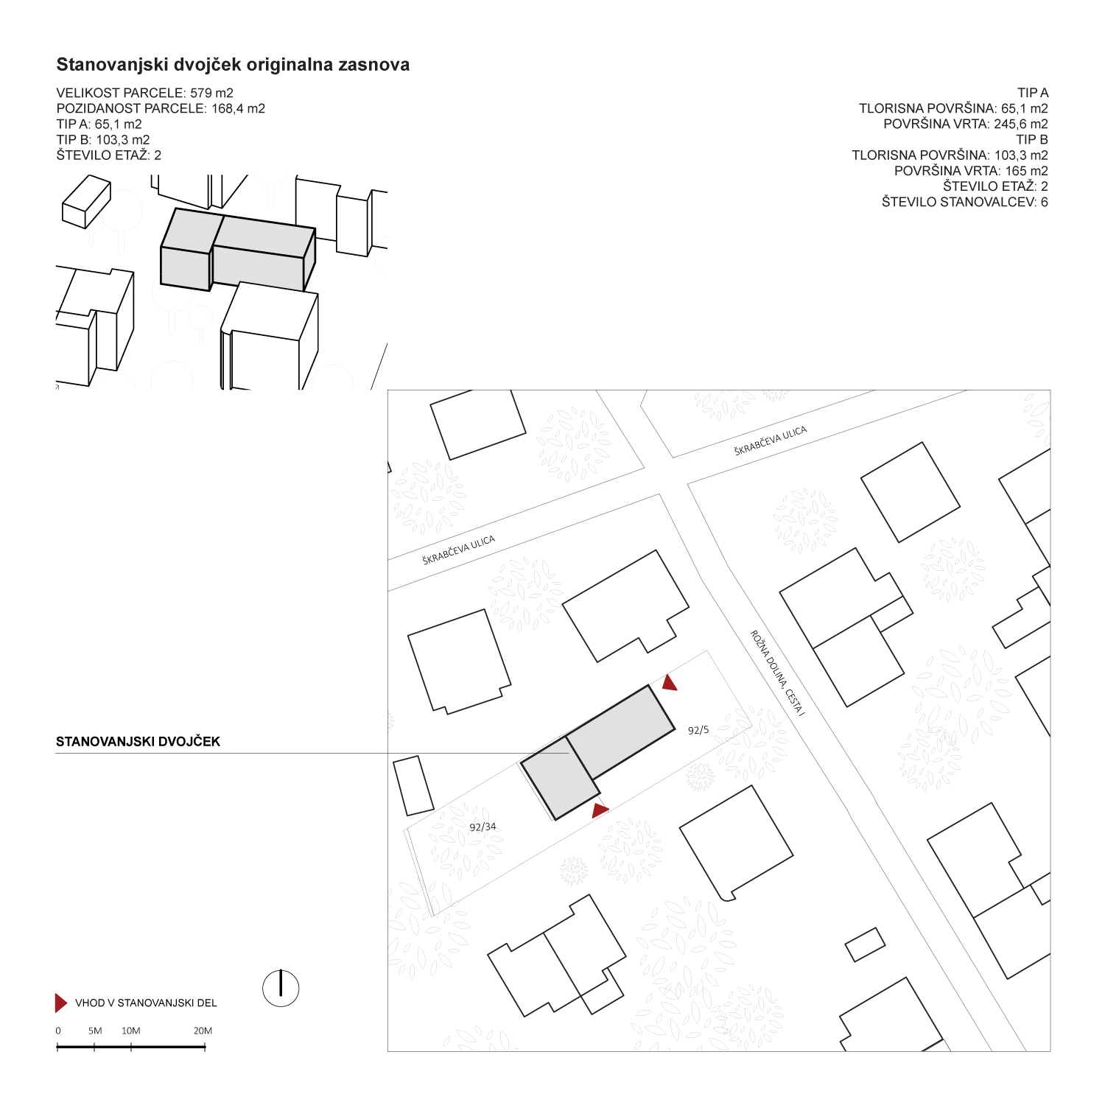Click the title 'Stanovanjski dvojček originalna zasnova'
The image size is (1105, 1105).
point(233,65)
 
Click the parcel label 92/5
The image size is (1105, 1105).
point(698,730)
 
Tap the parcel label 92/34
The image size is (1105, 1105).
point(483,827)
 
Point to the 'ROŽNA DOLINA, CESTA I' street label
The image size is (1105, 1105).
point(778,672)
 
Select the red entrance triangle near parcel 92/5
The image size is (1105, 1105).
point(669,683)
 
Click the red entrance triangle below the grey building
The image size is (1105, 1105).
point(600,811)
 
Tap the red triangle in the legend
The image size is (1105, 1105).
point(61,1003)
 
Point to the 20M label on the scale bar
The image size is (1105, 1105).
point(203,1031)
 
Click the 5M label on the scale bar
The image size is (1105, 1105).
point(95,1031)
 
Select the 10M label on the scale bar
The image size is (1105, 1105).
point(131,1031)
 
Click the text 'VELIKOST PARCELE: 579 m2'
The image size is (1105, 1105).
point(145,93)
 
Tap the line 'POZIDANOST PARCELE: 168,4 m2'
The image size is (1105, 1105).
point(161,108)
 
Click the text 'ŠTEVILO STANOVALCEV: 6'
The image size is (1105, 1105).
point(965,202)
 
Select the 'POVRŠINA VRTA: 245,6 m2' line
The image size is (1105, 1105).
point(966,124)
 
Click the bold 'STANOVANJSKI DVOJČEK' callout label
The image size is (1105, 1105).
point(138,742)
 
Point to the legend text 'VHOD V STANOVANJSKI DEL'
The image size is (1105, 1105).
point(146,1003)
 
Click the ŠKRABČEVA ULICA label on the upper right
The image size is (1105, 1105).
point(771,441)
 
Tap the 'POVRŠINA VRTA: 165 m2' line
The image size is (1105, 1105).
point(971,171)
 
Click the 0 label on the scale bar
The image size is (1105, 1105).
point(58,1031)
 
